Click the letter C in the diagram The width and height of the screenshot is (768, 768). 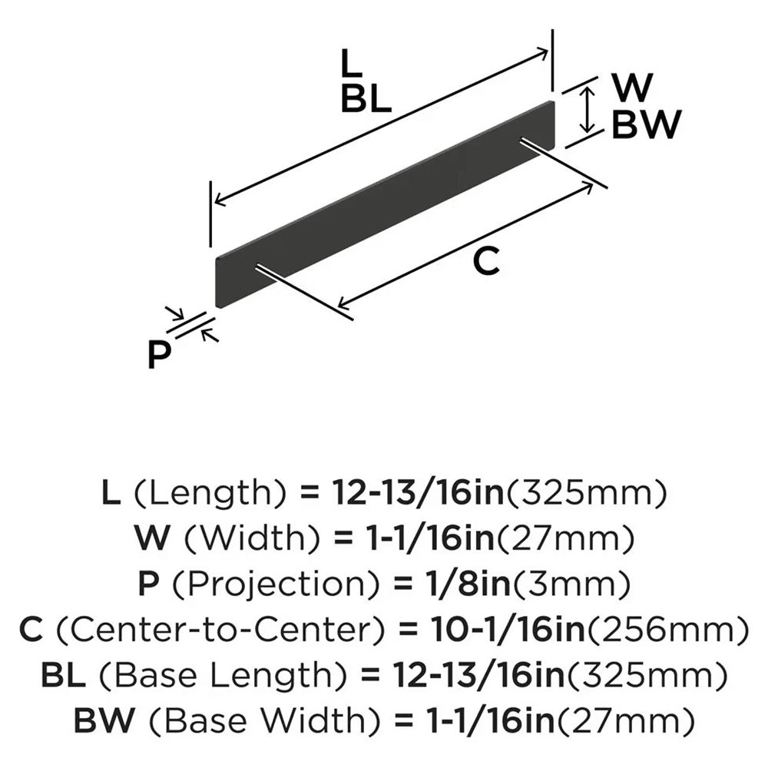[x=487, y=263]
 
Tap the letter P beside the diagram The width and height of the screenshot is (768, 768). [x=159, y=355]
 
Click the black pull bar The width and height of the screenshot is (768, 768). [x=384, y=204]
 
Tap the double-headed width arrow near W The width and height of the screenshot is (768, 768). [x=588, y=109]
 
